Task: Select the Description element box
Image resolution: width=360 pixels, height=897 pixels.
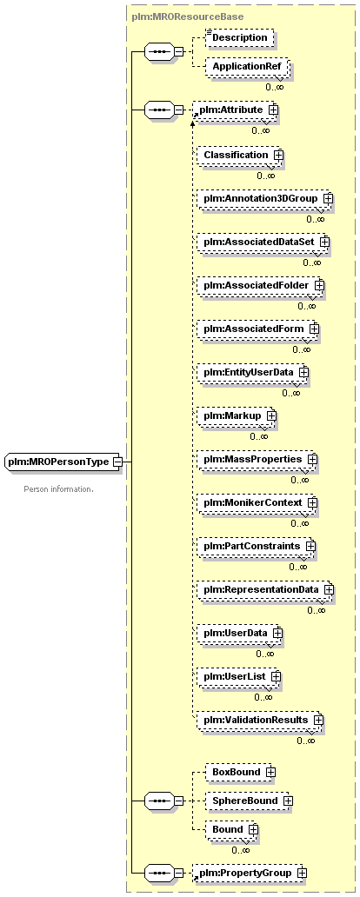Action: click(x=240, y=37)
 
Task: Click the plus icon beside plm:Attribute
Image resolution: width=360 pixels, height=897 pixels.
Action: click(x=273, y=109)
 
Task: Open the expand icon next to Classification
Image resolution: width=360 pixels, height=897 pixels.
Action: click(x=278, y=155)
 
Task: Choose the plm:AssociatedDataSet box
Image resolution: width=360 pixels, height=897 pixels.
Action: click(x=263, y=242)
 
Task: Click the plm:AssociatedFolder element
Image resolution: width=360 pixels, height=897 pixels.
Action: click(x=260, y=285)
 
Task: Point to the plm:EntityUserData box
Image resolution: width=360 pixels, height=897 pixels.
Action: click(x=252, y=372)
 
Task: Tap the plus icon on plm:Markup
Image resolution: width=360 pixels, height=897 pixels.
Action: click(x=270, y=415)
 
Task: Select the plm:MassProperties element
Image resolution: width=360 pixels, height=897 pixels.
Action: click(x=257, y=459)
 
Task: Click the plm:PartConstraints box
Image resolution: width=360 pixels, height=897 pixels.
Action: click(x=256, y=546)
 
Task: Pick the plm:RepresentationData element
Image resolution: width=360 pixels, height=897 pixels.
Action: click(x=265, y=589)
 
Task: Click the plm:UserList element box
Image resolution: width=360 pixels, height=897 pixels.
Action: click(x=238, y=676)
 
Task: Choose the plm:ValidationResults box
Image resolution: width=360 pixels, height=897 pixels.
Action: click(x=260, y=720)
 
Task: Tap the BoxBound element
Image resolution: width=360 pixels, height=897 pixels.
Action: click(x=240, y=773)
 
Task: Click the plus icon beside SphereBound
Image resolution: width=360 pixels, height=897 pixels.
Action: click(x=288, y=801)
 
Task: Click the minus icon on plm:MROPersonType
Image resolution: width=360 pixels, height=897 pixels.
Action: click(x=117, y=461)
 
